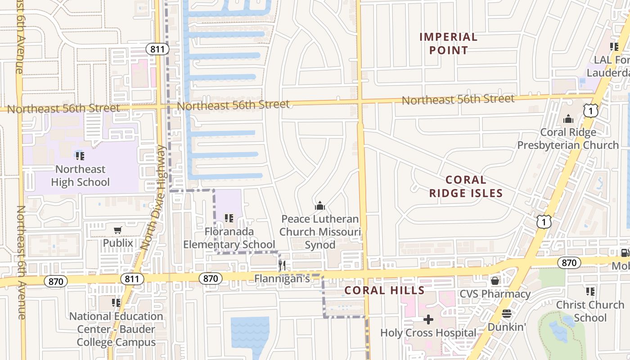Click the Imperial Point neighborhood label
point(448,43)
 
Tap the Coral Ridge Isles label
point(466,186)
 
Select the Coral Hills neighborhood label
point(384,290)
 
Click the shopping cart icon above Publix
point(118,230)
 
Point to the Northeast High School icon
point(80,156)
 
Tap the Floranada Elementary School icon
point(229,218)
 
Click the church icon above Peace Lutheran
point(320,206)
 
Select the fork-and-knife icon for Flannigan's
point(282,265)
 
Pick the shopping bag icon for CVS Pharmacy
point(495,281)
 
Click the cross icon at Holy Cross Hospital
point(428,319)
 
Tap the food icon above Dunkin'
point(507,314)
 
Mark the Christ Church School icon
point(590,292)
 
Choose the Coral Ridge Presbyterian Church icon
point(568,119)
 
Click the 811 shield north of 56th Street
point(157,49)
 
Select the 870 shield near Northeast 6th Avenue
point(56,282)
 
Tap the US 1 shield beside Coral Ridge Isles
point(544,221)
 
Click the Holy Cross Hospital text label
point(428,333)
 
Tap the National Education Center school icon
point(116,302)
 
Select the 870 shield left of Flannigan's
point(211,279)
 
